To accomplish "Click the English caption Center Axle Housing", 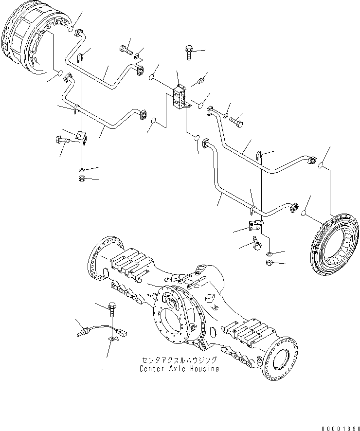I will point(179,368).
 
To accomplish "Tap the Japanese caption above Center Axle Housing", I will point(179,360).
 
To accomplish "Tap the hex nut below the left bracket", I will point(82,179).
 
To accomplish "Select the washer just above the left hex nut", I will point(82,170).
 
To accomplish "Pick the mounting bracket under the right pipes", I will point(254,225).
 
